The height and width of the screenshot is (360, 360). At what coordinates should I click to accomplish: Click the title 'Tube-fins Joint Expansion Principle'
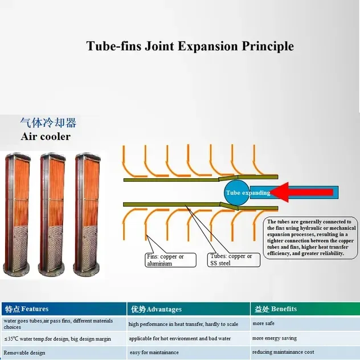tap(190, 46)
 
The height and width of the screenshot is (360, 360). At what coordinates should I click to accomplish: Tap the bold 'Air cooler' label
tap(46, 137)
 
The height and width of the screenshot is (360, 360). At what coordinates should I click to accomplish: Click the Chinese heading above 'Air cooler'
tap(48, 122)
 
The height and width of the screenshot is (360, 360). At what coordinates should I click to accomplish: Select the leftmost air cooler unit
tap(17, 214)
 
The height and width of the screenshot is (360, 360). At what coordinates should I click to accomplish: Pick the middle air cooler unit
tap(52, 215)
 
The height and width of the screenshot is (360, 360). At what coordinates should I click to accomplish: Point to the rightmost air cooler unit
tap(87, 215)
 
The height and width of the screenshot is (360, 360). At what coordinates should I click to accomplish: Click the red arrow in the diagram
tap(302, 192)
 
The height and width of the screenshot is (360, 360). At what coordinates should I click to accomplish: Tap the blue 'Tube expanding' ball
tap(237, 193)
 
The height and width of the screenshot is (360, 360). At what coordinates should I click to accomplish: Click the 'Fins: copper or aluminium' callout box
tap(170, 260)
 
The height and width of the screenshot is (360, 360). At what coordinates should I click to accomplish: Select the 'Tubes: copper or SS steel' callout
tap(234, 260)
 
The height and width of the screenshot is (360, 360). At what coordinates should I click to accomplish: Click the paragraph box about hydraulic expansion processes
tap(310, 238)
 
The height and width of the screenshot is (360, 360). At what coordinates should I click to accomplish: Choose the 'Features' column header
tap(64, 309)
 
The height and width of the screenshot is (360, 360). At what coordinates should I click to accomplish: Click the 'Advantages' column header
tap(189, 309)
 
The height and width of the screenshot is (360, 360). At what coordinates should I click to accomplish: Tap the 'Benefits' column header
tap(305, 309)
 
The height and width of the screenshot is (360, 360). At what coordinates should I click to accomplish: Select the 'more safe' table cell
tap(305, 324)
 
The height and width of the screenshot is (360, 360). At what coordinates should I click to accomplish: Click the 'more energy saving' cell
tap(305, 338)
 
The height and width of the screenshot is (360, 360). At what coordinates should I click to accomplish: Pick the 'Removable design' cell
tap(64, 353)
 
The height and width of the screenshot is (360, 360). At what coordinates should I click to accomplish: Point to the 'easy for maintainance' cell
tap(189, 353)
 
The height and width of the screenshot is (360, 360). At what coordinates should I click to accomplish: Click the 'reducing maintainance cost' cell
tap(305, 352)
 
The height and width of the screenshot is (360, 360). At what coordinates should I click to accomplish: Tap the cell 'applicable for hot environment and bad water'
tap(189, 338)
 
